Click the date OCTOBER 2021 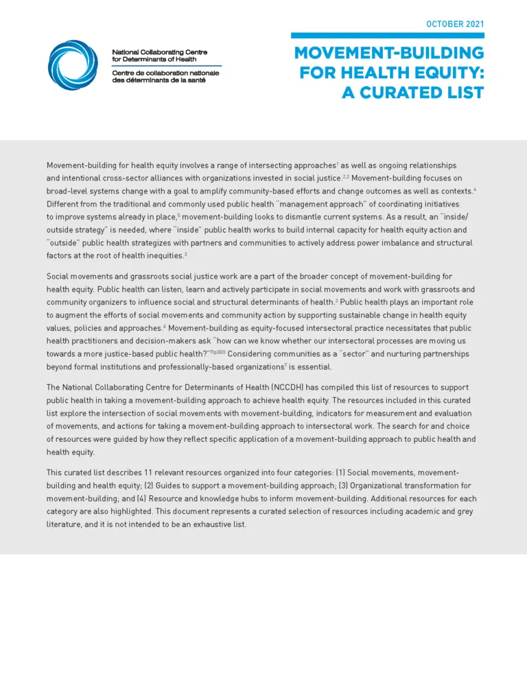(455, 24)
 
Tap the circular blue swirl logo (73, 64)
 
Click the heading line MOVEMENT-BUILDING (389, 54)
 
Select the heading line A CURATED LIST (412, 92)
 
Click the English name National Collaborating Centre (159, 52)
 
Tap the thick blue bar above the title (387, 36)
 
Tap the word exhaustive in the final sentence (197, 524)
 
